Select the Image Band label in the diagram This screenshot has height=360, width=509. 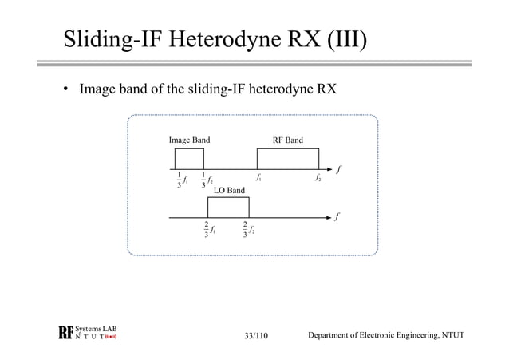(x=189, y=140)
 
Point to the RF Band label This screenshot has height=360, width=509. (x=287, y=140)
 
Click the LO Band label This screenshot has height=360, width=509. (x=229, y=191)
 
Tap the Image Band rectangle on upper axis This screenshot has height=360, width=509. (x=189, y=160)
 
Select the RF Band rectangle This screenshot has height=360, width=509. (x=287, y=160)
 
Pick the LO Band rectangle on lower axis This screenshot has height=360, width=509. (x=228, y=207)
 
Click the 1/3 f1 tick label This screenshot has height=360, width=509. (x=181, y=180)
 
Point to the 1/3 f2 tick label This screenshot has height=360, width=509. (x=206, y=180)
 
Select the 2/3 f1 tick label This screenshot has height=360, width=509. (x=209, y=230)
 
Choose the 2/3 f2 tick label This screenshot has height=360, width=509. (x=248, y=230)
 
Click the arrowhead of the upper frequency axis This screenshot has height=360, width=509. (x=330, y=170)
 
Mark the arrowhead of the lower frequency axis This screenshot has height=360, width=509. (x=330, y=217)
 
